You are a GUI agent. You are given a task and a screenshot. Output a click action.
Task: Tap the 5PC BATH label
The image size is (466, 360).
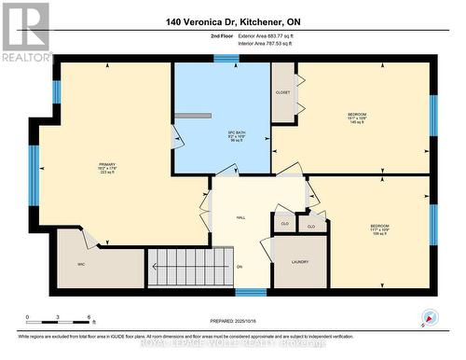click(x=222, y=133)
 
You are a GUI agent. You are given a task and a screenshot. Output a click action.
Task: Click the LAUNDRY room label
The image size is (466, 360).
click(x=299, y=262)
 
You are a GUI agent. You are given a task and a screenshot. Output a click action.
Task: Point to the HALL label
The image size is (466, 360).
click(x=240, y=216)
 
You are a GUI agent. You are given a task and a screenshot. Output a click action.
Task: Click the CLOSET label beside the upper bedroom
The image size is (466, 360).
click(x=283, y=92)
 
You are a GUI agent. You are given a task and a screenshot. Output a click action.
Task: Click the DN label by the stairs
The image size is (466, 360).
click(x=239, y=267)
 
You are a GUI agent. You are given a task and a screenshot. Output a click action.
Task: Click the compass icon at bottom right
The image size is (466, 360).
click(x=429, y=316)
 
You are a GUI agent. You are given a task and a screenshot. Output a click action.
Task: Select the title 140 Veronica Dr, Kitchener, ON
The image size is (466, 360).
click(x=234, y=21)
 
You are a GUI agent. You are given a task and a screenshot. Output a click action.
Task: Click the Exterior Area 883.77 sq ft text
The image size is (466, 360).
click(x=258, y=35)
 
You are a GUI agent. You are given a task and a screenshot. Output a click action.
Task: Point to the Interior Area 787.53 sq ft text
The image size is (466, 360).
click(x=258, y=43)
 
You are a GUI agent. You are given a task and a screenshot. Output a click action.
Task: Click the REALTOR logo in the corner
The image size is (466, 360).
click(x=26, y=32)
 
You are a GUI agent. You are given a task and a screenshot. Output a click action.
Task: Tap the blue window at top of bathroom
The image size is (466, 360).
click(x=225, y=58)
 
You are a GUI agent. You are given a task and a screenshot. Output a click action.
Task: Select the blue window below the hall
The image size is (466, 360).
click(x=249, y=292)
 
